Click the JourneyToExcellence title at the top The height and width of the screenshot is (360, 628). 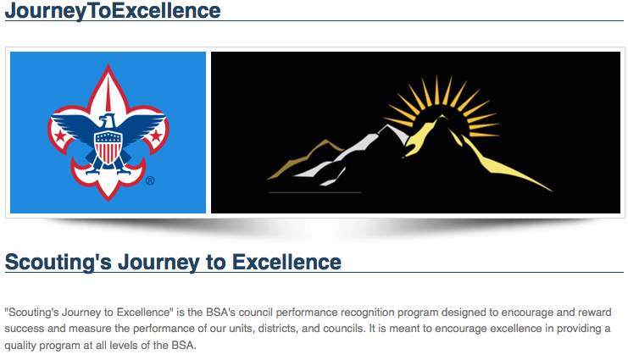coord(113,11)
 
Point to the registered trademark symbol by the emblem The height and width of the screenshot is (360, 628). coord(150,180)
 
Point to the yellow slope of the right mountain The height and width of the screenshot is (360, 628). coord(500,165)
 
